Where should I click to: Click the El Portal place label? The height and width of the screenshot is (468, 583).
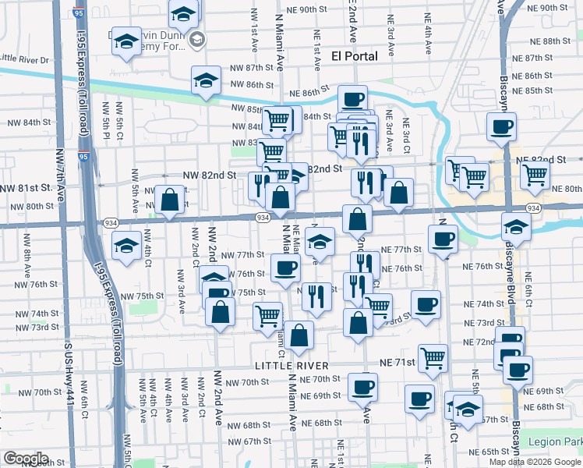click(x=355, y=55)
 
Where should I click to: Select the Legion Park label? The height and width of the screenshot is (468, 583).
click(x=554, y=441)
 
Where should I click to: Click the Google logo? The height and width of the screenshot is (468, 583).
click(x=26, y=459)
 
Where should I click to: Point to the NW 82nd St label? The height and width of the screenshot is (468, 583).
click(x=209, y=175)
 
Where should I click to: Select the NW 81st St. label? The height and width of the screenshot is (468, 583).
click(x=26, y=188)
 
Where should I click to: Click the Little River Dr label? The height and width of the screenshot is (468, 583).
click(x=24, y=58)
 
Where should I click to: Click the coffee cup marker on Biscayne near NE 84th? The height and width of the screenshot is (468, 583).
click(x=501, y=126)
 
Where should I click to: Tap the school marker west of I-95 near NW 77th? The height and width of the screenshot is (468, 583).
click(x=126, y=245)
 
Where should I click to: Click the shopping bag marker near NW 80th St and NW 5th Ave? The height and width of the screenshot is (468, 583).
click(x=169, y=200)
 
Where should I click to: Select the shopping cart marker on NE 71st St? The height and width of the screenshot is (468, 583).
click(x=433, y=358)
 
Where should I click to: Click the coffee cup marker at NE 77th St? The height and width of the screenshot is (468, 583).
click(x=443, y=238)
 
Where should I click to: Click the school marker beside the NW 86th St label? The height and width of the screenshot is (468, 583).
click(x=207, y=80)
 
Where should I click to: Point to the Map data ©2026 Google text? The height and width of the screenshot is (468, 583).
click(x=534, y=462)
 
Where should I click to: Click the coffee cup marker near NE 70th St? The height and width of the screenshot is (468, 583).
click(x=363, y=386)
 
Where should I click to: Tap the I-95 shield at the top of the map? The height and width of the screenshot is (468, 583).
click(x=77, y=12)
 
